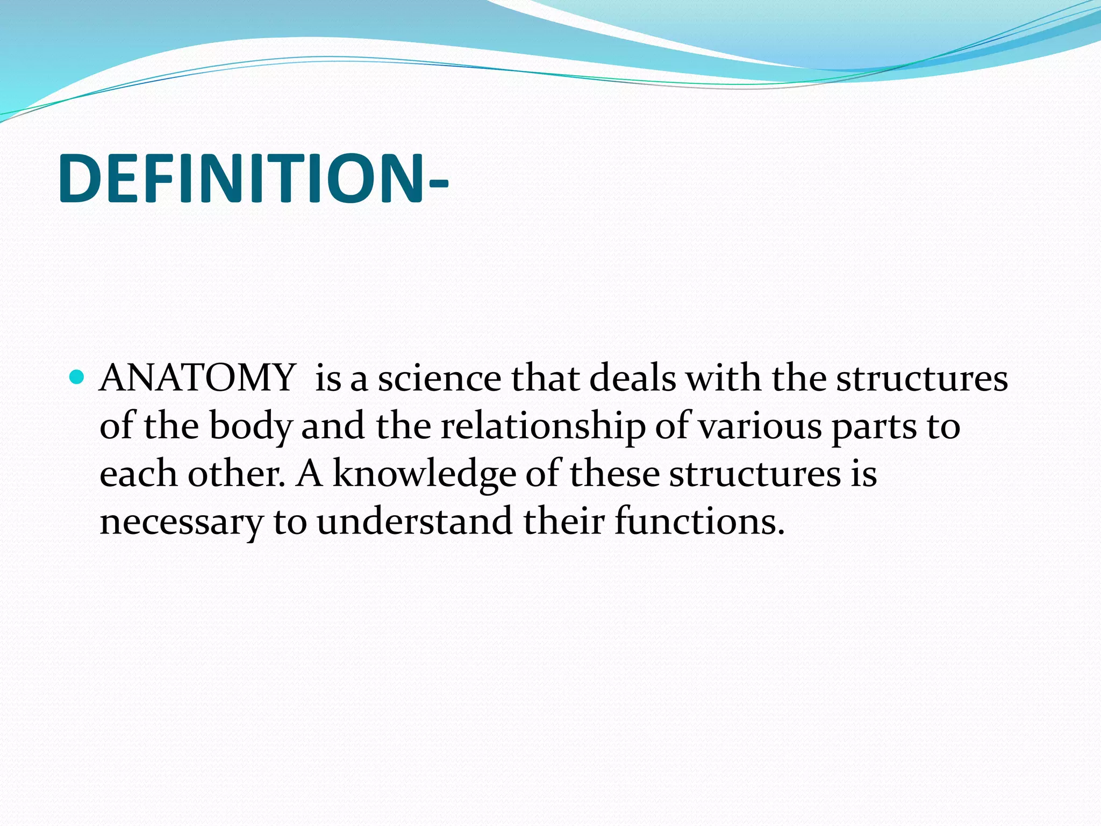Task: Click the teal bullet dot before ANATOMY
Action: tap(77, 377)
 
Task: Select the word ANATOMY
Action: tap(197, 378)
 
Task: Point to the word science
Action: tap(439, 378)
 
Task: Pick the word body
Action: tap(250, 426)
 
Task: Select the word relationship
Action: tap(543, 426)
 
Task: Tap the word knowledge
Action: tap(424, 475)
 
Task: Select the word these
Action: tap(614, 474)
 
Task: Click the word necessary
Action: tap(182, 522)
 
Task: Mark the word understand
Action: tap(414, 521)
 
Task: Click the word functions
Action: tap(699, 521)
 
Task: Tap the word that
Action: tap(545, 378)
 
